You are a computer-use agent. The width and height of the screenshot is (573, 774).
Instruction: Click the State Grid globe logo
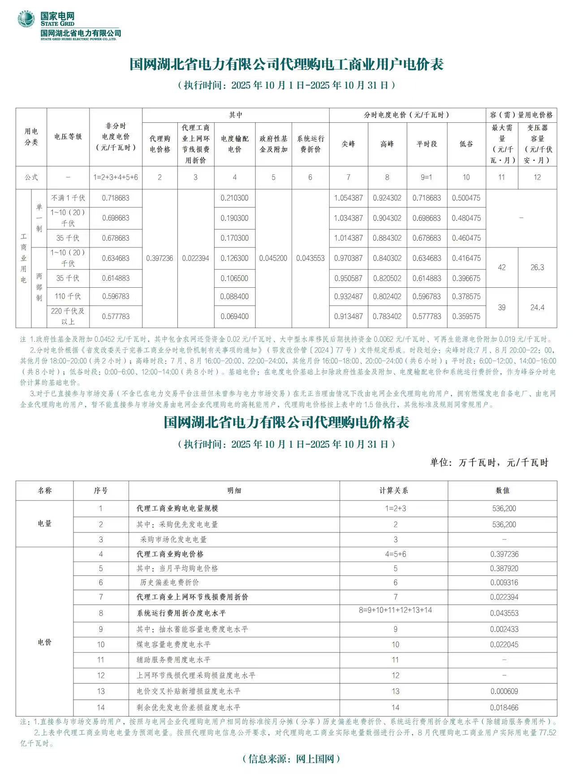coord(26,20)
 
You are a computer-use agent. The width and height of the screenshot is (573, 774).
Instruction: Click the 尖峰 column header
coord(348,144)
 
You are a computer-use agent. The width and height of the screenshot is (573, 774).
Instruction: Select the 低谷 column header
coord(466,144)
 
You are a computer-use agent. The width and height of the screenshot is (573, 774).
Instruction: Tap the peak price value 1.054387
coord(348,198)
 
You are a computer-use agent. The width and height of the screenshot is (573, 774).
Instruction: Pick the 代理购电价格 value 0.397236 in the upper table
coord(159,258)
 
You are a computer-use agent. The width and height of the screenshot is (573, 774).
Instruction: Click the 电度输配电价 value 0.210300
coord(234,198)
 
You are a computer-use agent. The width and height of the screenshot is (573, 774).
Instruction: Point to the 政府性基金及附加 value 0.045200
coord(273,258)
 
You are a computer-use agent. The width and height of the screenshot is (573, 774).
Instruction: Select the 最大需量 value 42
coord(501,268)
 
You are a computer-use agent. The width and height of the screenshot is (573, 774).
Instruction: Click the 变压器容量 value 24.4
coord(537,307)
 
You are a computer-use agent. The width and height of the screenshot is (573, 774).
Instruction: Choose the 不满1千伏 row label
coord(68,198)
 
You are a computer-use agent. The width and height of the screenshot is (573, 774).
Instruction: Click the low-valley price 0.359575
coord(466,316)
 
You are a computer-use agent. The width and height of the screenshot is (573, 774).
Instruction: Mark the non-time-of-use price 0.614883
coord(116,278)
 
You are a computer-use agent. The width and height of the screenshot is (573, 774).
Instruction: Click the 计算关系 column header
coord(393,491)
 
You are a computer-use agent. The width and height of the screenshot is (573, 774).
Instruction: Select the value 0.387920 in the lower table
coord(504,568)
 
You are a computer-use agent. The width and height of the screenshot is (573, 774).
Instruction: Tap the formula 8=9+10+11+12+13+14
coord(395,610)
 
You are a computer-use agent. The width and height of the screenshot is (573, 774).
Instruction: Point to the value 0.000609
coord(504,692)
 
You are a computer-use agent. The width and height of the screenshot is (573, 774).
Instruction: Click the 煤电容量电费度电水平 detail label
coord(173,644)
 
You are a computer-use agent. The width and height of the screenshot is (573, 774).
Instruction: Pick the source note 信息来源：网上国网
coord(291,758)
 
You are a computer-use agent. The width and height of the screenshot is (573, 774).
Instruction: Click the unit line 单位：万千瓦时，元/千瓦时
coord(489,463)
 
